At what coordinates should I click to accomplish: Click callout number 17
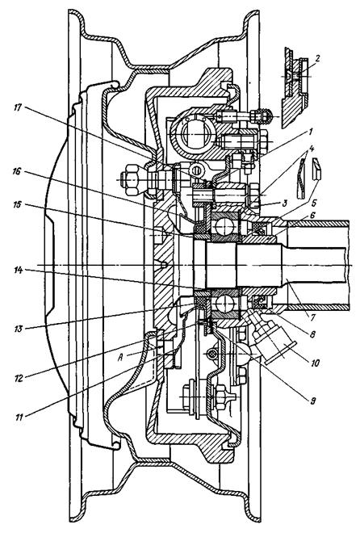coord(18,107)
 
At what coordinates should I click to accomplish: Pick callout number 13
coord(18,329)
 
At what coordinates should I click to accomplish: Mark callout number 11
coord(19,417)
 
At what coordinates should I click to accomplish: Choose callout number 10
coord(315,363)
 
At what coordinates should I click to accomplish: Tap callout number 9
coord(312,401)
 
